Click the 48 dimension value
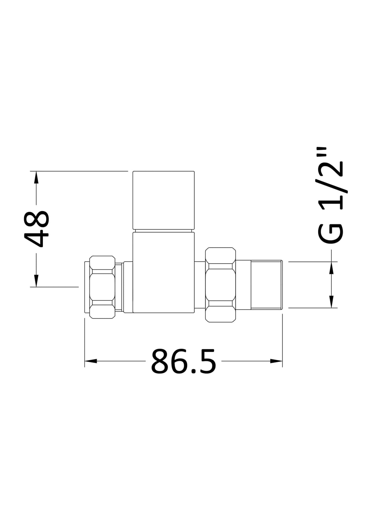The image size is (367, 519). click(37, 229)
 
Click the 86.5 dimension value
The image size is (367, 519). click(183, 361)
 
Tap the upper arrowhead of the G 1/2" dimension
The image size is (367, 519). click(332, 268)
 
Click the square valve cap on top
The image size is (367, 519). click(163, 200)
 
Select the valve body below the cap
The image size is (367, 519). click(163, 272)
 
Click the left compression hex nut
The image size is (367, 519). click(102, 286)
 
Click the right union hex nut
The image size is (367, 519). click(220, 285)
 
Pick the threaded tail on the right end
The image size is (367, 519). click(266, 285)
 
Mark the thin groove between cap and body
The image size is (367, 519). click(163, 231)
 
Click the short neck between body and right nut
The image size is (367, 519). click(200, 285)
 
